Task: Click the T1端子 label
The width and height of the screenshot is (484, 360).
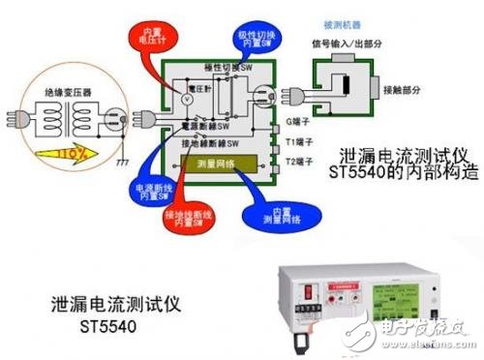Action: [x=300, y=141]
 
